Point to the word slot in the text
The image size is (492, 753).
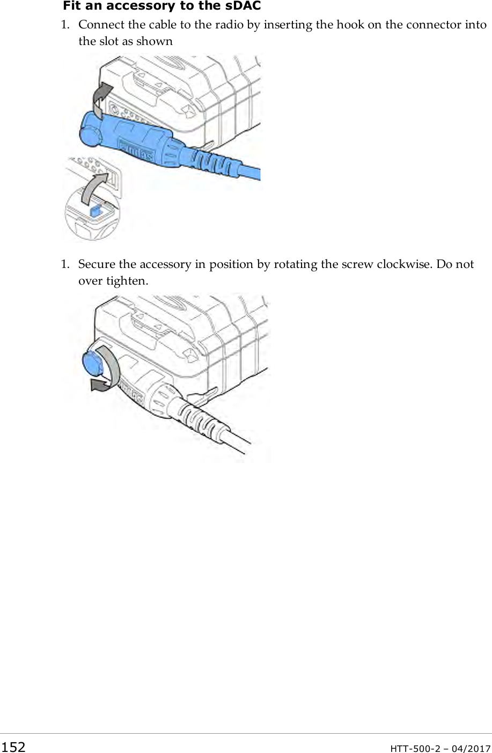click(x=110, y=41)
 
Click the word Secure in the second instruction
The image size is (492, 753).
click(x=97, y=264)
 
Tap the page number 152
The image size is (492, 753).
click(x=13, y=747)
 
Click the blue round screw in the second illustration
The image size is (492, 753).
click(x=93, y=361)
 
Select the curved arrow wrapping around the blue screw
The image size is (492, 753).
click(x=110, y=370)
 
